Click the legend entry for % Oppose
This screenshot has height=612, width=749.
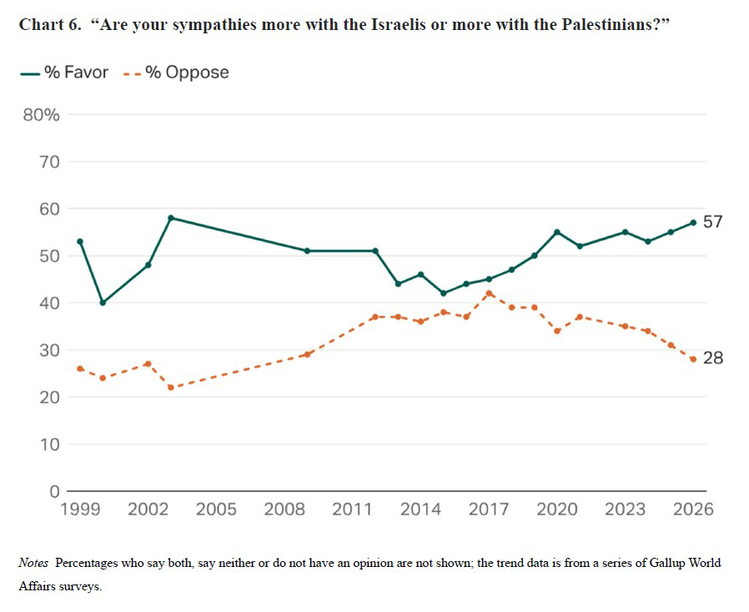point(176,73)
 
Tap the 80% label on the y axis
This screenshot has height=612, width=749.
point(41,115)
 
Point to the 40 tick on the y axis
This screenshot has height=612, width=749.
point(50,303)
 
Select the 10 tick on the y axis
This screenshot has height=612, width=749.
point(50,444)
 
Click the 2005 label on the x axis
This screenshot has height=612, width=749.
point(216,509)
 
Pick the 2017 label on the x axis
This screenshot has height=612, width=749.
point(489,509)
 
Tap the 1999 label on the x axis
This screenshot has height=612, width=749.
point(80,509)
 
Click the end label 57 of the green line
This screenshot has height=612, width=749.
point(712,222)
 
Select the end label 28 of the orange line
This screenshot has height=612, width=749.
point(712,359)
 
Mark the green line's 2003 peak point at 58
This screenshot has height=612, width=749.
point(171,218)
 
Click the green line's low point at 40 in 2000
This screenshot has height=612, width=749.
point(103,303)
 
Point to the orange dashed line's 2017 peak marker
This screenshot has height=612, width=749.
point(489,293)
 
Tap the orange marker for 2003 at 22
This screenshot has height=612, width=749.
point(171,388)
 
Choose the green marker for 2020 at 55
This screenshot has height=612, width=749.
point(557,232)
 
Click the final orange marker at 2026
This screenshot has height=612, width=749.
point(693,359)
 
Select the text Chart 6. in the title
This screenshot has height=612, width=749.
point(53,24)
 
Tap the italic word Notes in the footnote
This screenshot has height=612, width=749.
point(33,563)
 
